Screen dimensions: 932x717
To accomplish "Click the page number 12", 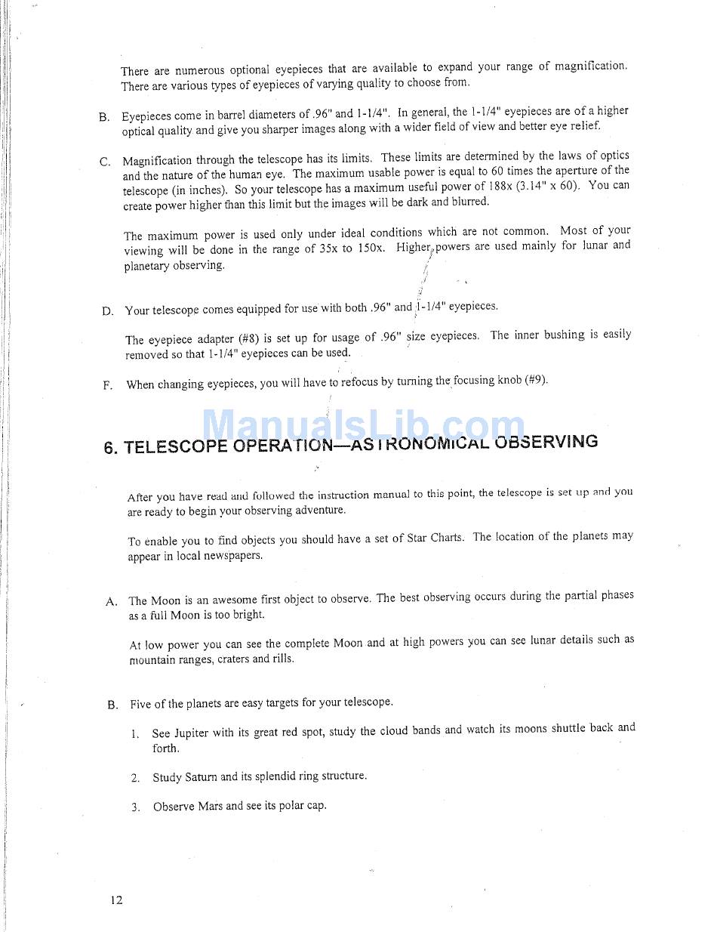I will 115,900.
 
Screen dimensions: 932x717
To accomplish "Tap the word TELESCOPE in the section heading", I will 176,446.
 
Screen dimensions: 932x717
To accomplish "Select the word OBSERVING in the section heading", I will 546,441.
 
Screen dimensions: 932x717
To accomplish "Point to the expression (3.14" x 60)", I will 552,185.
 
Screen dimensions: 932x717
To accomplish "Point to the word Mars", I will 211,806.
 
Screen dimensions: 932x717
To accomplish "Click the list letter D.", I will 107,311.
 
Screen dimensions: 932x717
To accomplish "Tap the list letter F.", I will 107,385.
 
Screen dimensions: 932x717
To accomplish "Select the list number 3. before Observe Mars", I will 135,807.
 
